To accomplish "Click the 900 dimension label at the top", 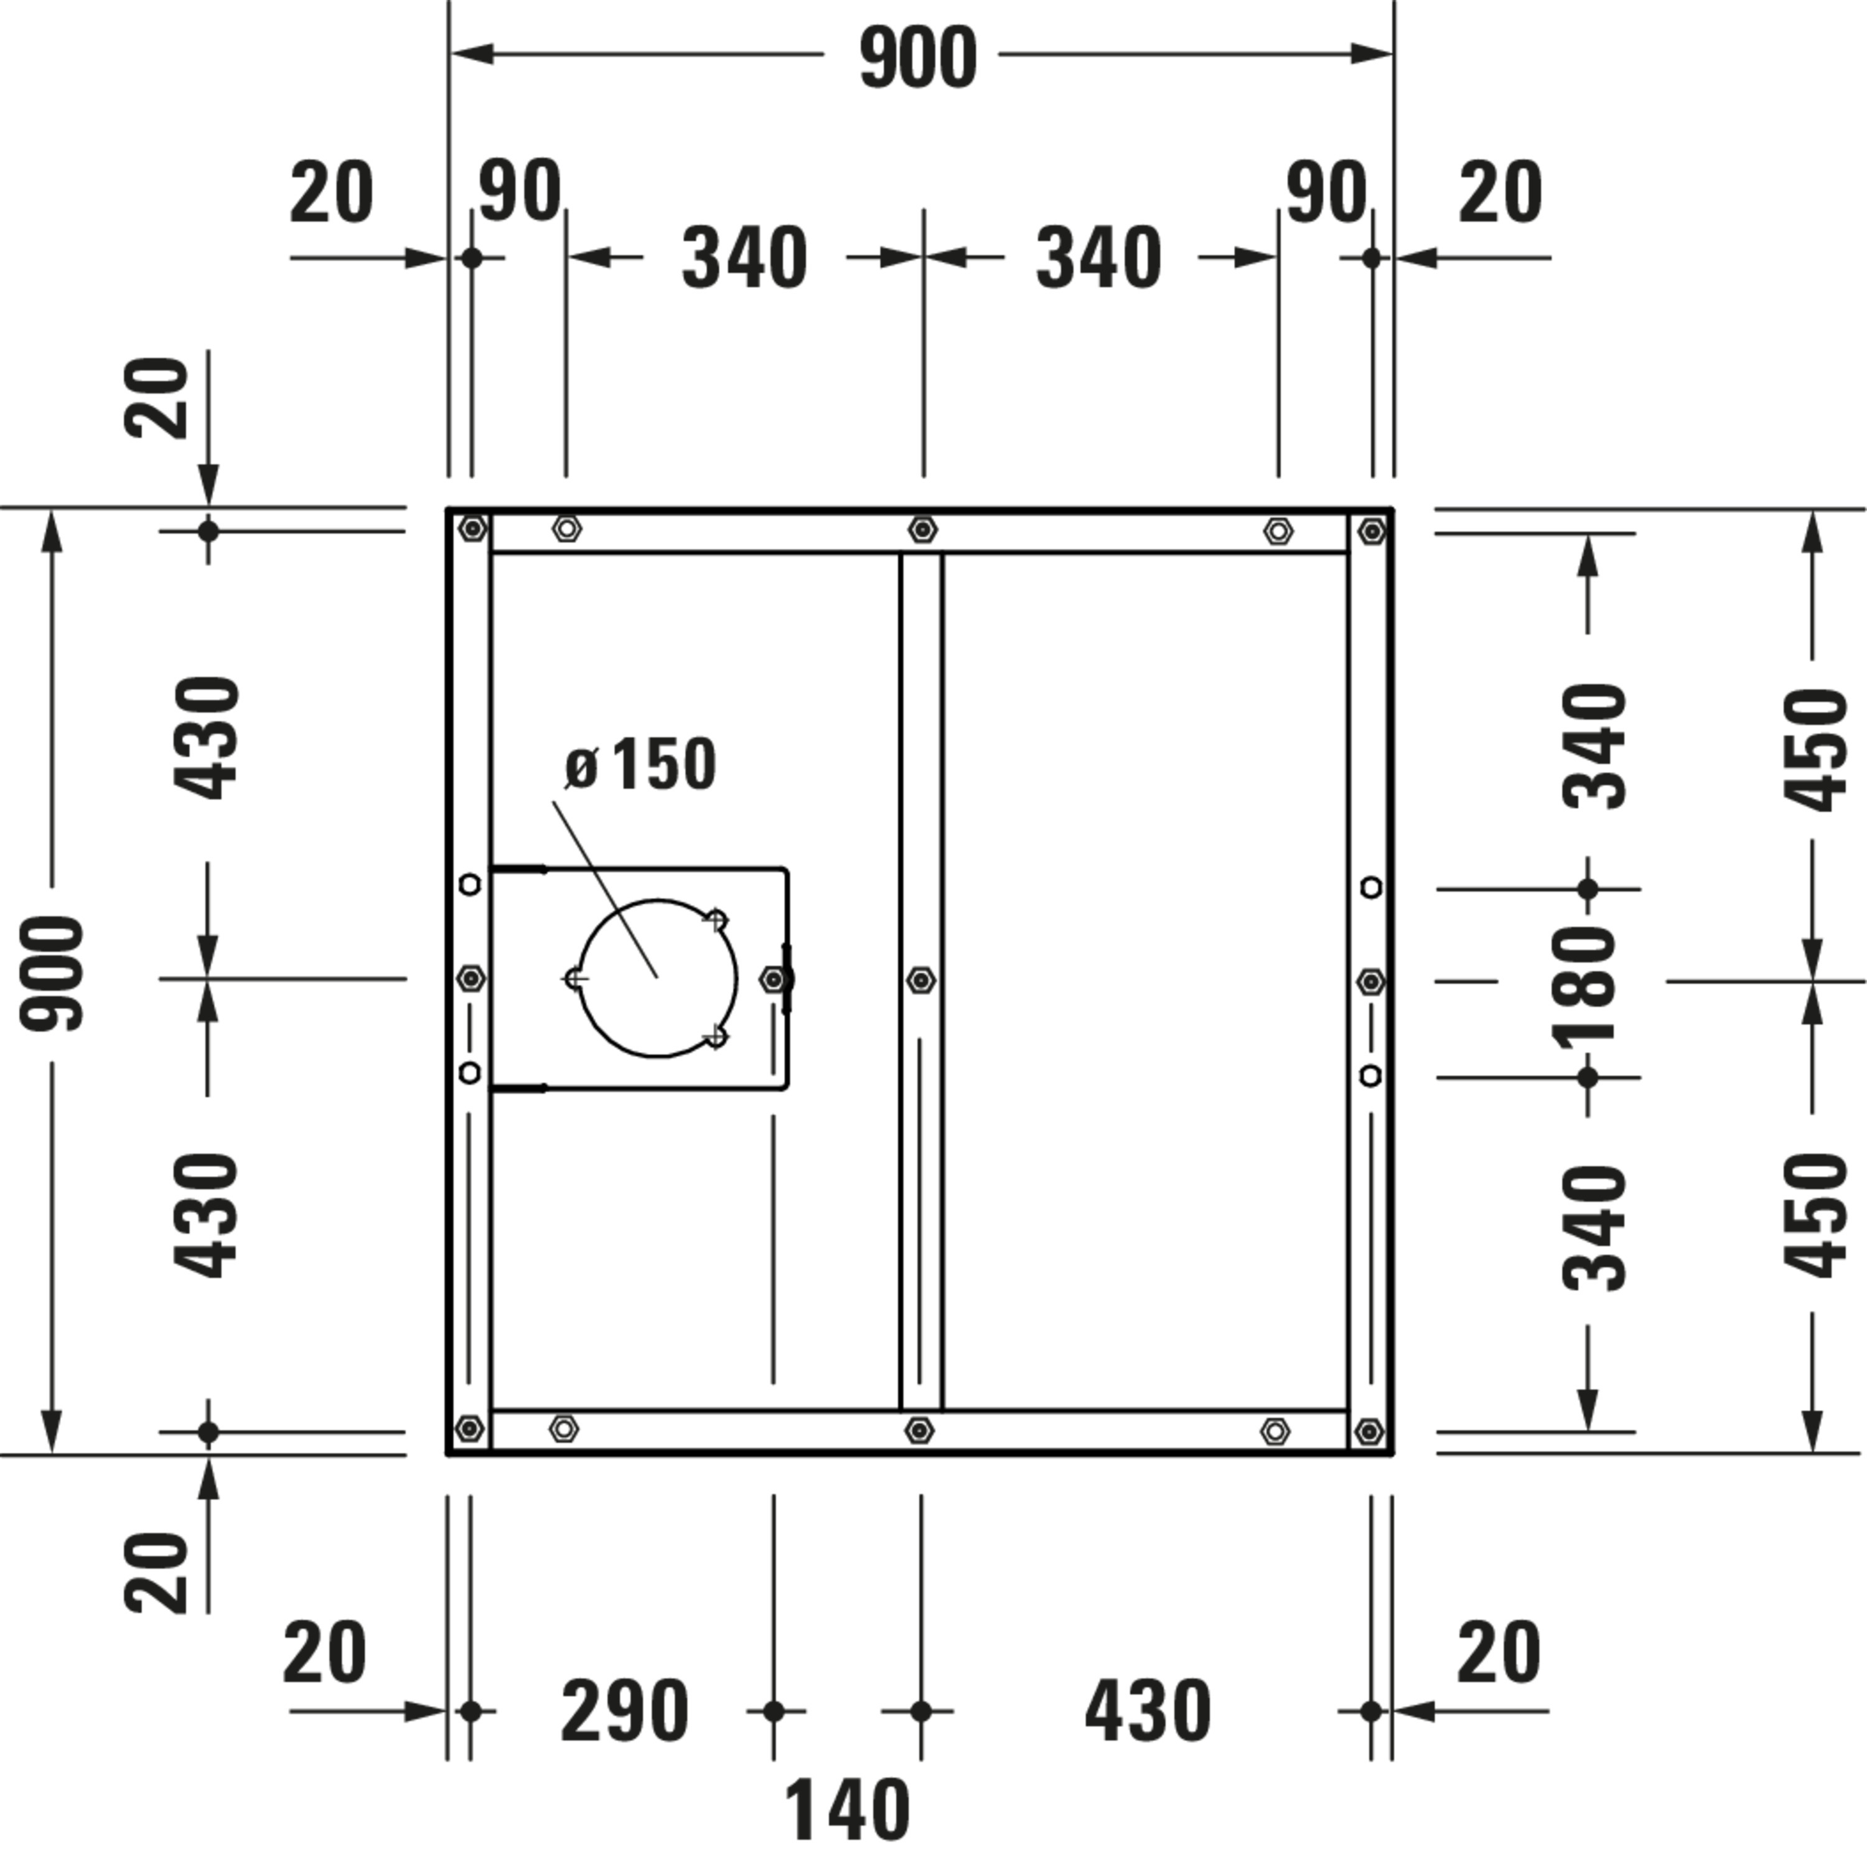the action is coord(918,58).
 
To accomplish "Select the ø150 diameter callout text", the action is coord(640,765).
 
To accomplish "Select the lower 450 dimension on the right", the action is coord(1815,1215).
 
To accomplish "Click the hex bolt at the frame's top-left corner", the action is coord(472,529).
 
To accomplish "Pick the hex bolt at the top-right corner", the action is coord(1371,530).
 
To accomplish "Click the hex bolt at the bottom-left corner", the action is coord(470,1428).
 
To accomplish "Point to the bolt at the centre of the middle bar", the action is coord(921,980).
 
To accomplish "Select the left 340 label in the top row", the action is coord(744,258).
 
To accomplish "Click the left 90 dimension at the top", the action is coord(520,191).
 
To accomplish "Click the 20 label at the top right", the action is coord(1500,192).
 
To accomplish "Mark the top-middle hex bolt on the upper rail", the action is coord(923,529).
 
